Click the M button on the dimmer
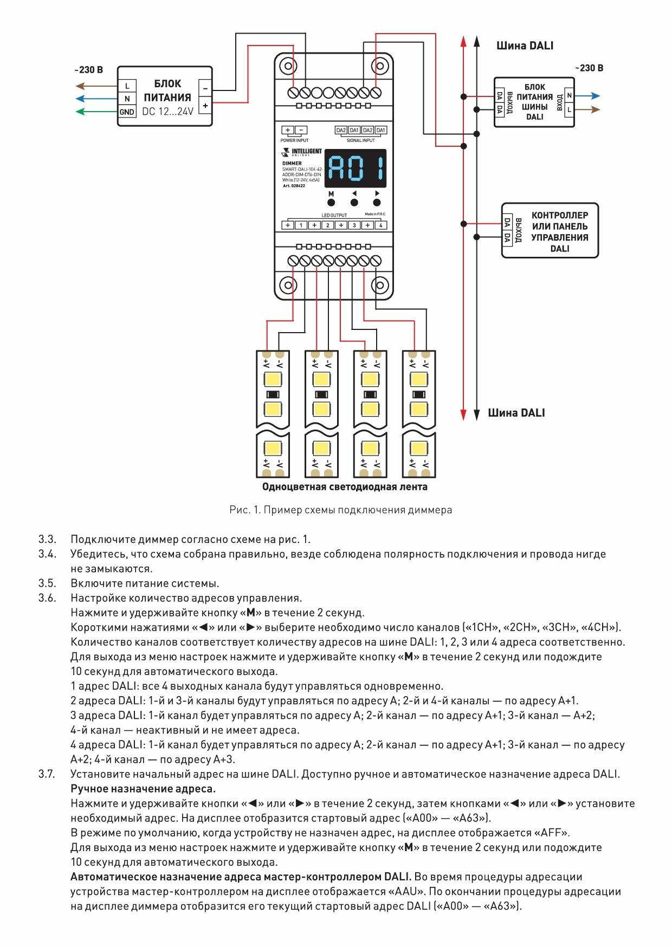pos(331,203)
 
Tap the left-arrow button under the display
pos(354,203)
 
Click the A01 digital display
pos(355,168)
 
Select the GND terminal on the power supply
pos(127,112)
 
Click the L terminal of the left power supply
pos(127,86)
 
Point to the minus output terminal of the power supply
pos(205,87)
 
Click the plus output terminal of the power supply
pos(205,106)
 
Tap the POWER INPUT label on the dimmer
pos(294,140)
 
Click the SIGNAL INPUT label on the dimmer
pos(360,140)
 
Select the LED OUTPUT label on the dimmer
pos(334,215)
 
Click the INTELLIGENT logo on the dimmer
pos(302,152)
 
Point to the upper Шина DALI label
pos(525,46)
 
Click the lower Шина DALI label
pos(516,413)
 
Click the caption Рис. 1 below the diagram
pos(340,510)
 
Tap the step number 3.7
pos(47,774)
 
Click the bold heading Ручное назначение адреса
pos(143,789)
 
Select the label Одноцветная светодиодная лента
pos(345,487)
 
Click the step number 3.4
pos(47,554)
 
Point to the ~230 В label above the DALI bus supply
pos(589,68)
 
